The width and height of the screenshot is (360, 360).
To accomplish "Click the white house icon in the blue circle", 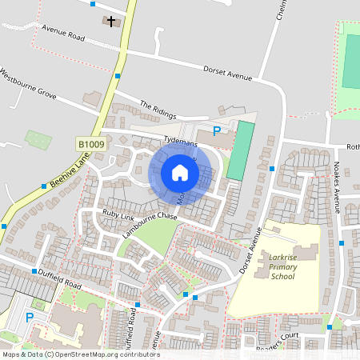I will [x=180, y=173].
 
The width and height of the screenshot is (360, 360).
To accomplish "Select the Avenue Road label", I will [x=64, y=37].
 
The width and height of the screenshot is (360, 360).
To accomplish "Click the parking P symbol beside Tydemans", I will [x=214, y=131].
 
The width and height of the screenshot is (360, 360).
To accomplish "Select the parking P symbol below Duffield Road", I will [x=30, y=318].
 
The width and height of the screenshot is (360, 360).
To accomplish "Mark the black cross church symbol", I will [x=111, y=21].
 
